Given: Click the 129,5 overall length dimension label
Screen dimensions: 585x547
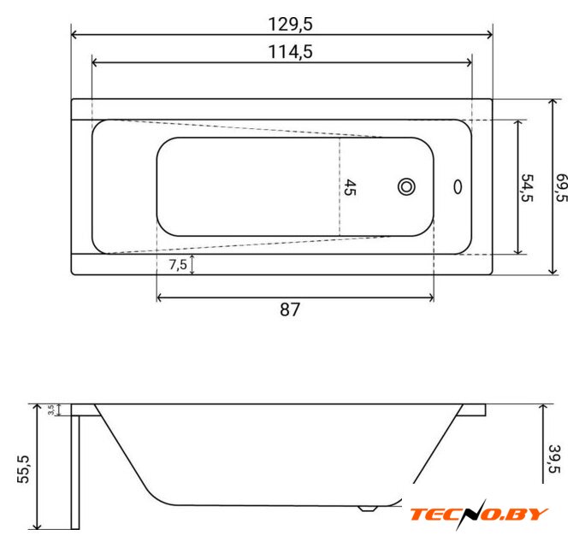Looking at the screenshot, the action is click(290, 24).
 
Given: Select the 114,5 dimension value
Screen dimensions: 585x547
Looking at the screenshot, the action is click(290, 51).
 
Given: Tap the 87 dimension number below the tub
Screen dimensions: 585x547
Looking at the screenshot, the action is click(290, 309).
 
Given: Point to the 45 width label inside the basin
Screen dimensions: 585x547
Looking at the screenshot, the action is click(350, 187).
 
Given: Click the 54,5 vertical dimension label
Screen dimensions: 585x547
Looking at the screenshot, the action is click(527, 187).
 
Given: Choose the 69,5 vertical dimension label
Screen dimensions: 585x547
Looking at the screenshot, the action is click(562, 187).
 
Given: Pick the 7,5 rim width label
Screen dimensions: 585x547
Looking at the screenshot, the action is click(178, 265).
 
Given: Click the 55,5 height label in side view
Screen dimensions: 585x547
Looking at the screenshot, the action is click(23, 469).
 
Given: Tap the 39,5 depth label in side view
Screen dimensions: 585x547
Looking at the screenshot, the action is click(554, 459).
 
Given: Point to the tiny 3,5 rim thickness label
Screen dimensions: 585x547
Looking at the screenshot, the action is click(51, 410).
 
